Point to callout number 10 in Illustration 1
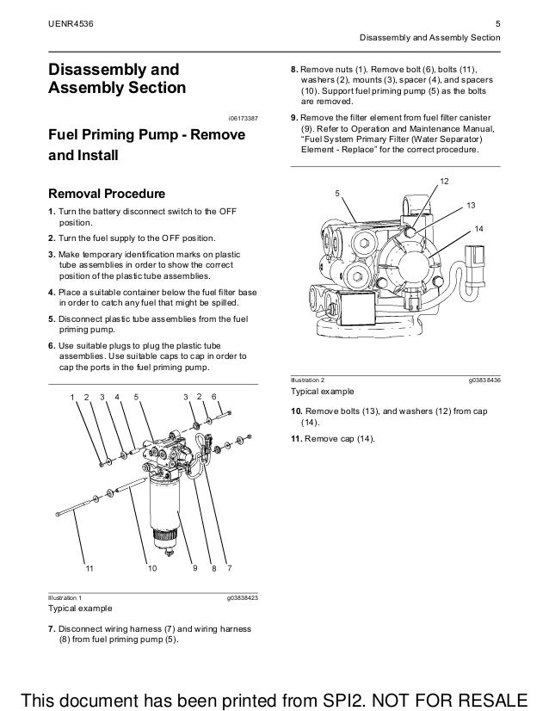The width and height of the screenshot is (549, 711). pyautogui.click(x=151, y=569)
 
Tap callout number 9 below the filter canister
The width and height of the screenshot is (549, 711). pyautogui.click(x=195, y=569)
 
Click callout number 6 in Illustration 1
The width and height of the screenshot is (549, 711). pyautogui.click(x=214, y=396)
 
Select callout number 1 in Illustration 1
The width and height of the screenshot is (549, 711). pyautogui.click(x=72, y=396)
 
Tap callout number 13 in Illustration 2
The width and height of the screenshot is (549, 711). pyautogui.click(x=470, y=204)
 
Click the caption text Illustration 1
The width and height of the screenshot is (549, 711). pyautogui.click(x=65, y=596)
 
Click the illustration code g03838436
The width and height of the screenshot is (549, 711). pyautogui.click(x=484, y=380)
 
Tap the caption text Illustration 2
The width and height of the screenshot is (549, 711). pyautogui.click(x=309, y=380)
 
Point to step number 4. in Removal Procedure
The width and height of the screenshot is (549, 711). pyautogui.click(x=52, y=293)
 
